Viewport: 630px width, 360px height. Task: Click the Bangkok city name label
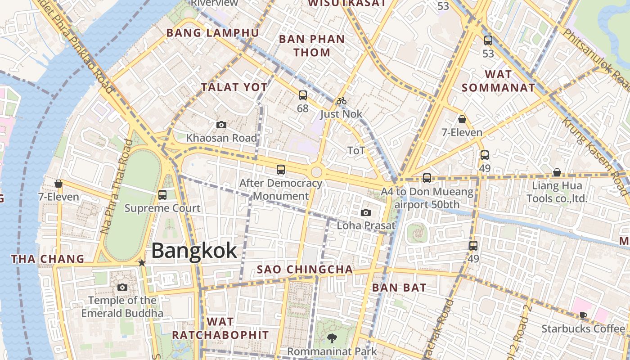pos(194,251)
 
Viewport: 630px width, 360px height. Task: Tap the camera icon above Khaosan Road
pos(221,125)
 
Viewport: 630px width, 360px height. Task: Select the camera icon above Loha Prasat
pos(366,212)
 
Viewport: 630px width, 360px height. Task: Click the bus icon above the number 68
pos(303,95)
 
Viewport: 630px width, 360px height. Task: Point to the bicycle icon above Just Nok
pos(342,101)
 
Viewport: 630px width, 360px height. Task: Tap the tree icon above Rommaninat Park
pos(332,338)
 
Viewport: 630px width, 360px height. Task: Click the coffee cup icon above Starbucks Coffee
pos(583,315)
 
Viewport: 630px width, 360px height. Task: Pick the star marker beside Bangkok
pos(142,263)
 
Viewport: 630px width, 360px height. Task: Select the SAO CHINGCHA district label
pos(305,270)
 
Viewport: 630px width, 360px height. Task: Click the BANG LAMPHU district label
pos(213,33)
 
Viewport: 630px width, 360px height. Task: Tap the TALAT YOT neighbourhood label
pos(234,87)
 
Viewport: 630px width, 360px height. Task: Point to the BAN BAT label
pos(399,288)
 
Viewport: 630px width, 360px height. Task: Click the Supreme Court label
pos(162,208)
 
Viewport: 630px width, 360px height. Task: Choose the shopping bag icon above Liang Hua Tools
pos(557,172)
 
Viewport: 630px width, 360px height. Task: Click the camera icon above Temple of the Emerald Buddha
pos(122,287)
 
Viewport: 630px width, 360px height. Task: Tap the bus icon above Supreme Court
pos(162,195)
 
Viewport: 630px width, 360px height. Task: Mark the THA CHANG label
pos(48,259)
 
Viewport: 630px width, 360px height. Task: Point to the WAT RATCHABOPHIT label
pos(220,328)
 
